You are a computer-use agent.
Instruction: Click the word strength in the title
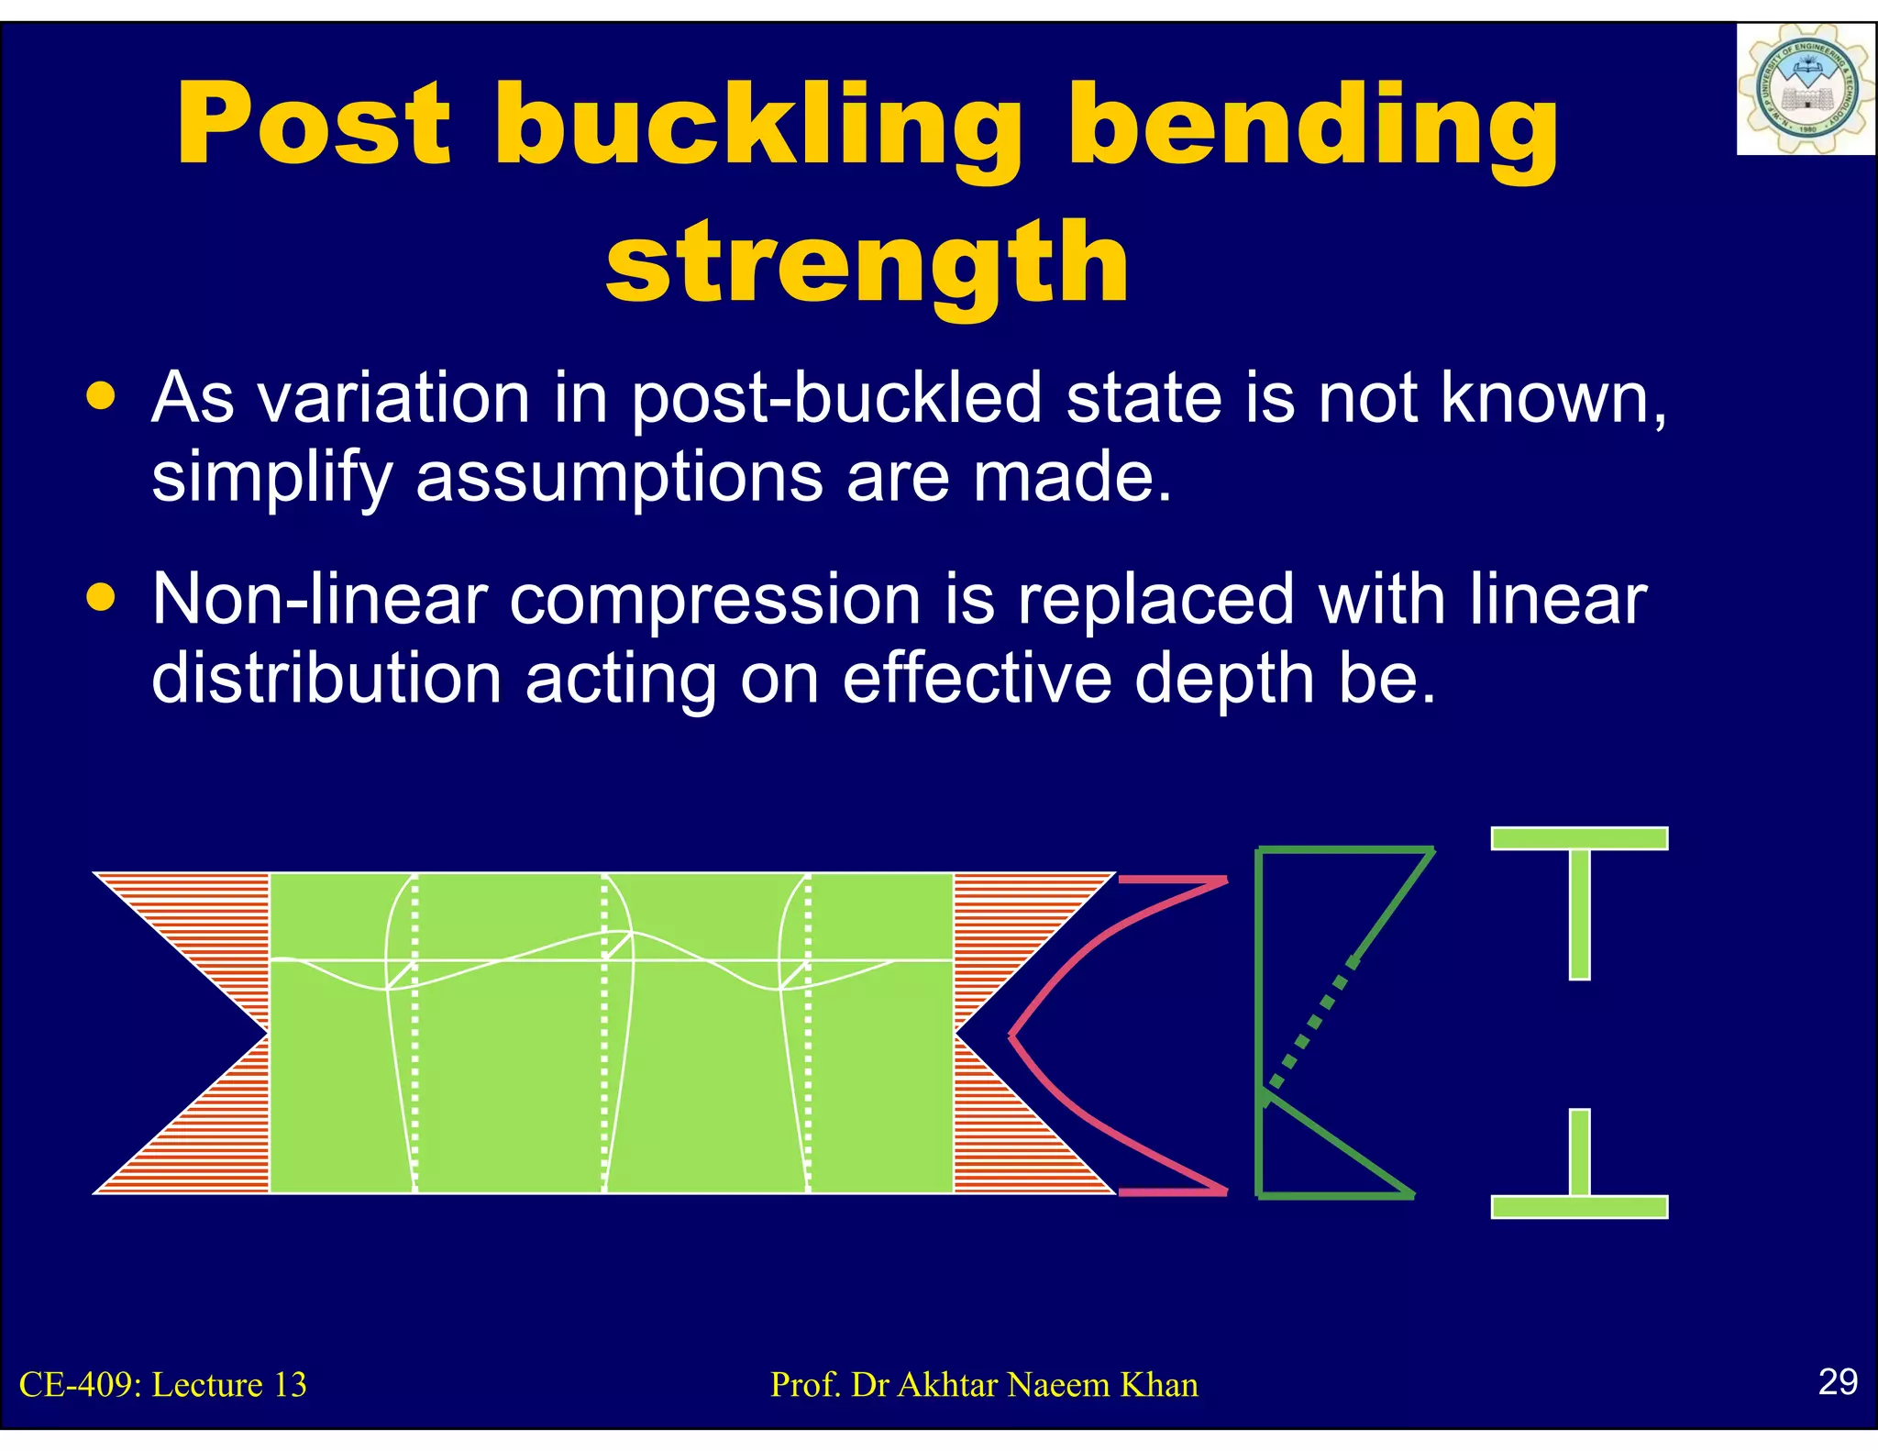pyautogui.click(x=867, y=263)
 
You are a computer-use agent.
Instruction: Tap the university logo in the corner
pyautogui.click(x=1805, y=90)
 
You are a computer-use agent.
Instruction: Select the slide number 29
pyautogui.click(x=1838, y=1381)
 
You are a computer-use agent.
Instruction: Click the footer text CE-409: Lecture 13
pyautogui.click(x=163, y=1385)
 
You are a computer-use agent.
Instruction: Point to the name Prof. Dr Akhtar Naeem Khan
pyautogui.click(x=984, y=1385)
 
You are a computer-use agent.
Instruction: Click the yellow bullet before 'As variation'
pyautogui.click(x=101, y=396)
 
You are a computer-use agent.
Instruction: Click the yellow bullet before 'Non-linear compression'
pyautogui.click(x=101, y=598)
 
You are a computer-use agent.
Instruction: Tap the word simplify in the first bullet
pyautogui.click(x=271, y=479)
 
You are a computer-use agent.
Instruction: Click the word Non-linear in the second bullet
pyautogui.click(x=319, y=600)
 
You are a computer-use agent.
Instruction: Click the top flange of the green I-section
pyautogui.click(x=1579, y=838)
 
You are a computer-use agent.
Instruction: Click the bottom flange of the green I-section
pyautogui.click(x=1579, y=1206)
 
